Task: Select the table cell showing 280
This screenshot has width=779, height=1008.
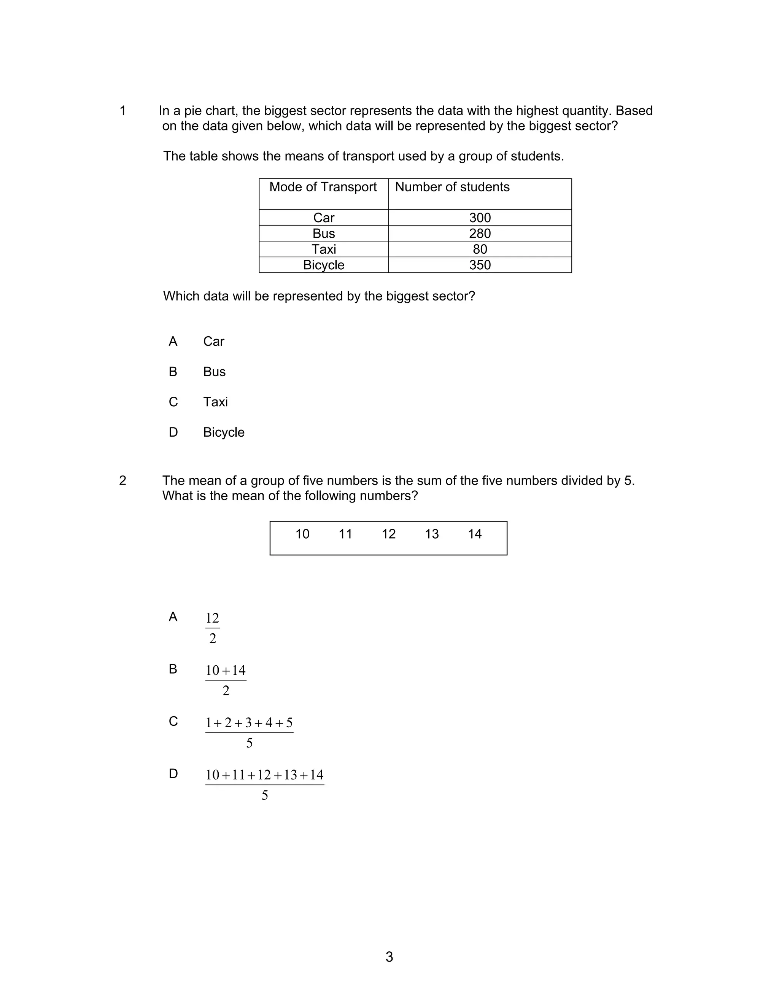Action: (480, 233)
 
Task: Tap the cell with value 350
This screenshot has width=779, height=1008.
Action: (480, 265)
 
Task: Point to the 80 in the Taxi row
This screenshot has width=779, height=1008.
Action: (480, 249)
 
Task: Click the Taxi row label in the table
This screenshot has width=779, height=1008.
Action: (324, 249)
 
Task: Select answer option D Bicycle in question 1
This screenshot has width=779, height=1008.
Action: (223, 432)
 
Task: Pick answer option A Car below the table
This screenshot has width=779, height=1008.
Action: (213, 341)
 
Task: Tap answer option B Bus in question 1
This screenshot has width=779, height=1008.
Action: (214, 372)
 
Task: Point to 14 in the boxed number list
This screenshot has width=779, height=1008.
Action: (474, 534)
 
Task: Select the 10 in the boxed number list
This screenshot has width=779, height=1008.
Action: (302, 534)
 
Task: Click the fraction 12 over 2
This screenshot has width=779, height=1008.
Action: (212, 628)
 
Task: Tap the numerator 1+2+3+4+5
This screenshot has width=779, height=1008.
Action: (249, 723)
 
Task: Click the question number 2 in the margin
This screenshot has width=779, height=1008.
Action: (122, 480)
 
